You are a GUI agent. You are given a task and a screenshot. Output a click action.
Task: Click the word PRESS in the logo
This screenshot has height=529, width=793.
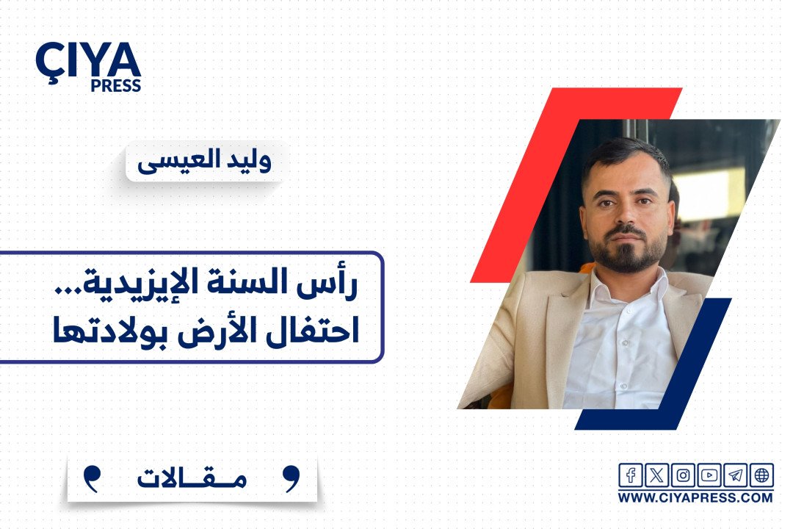point(116,86)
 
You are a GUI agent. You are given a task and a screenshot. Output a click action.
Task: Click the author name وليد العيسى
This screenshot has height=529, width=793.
point(204,161)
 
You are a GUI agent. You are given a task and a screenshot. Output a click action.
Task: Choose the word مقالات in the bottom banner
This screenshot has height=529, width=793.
point(192,478)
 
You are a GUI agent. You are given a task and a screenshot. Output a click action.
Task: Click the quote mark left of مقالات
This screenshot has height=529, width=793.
point(91,478)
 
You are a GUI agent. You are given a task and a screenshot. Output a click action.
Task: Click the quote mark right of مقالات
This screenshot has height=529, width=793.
point(291,478)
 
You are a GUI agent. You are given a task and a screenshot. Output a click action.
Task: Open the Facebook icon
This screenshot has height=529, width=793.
point(631,475)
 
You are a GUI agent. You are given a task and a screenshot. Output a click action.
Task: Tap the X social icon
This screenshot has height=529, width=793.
point(656,475)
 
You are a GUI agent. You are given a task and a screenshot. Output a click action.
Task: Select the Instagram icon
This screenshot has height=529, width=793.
point(683,475)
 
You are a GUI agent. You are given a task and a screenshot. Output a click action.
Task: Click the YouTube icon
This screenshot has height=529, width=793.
point(709,475)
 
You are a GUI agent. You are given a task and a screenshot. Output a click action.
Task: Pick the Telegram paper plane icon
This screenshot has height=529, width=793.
point(735,475)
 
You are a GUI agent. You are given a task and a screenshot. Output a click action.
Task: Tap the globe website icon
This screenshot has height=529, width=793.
point(761,475)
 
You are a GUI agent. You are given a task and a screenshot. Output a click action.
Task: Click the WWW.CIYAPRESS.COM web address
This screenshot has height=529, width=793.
point(695,497)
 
